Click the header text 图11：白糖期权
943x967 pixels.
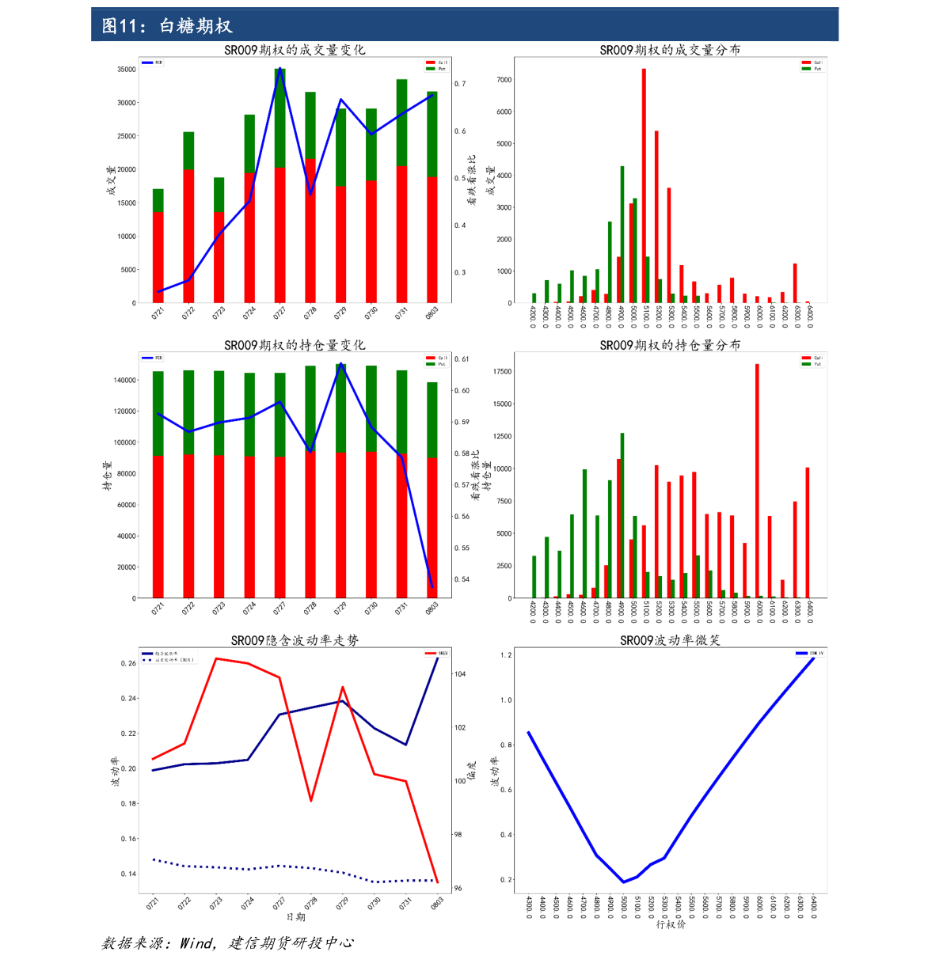coord(167,26)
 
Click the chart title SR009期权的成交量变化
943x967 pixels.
coord(295,50)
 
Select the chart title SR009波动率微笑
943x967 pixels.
coord(670,640)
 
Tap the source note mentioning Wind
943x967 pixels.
coord(228,943)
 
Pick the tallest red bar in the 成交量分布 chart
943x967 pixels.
coord(644,186)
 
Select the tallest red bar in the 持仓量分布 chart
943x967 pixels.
coord(757,480)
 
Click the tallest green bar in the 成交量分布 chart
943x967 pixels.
coord(622,234)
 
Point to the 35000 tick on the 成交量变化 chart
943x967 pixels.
coord(127,70)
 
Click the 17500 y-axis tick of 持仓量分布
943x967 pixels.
coord(502,372)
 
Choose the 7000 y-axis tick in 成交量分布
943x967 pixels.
coord(504,80)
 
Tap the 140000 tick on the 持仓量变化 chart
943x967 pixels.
coord(124,381)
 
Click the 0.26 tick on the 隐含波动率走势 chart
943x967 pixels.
coord(128,663)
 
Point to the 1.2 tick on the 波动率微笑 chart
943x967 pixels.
coord(506,655)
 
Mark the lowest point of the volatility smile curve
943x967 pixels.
coord(623,882)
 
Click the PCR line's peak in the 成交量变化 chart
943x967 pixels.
coord(279,69)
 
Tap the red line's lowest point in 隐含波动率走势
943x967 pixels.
coord(437,882)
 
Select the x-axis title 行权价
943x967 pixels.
coord(671,924)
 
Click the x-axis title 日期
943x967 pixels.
coord(295,916)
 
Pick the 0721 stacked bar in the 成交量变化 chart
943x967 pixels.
coord(158,245)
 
